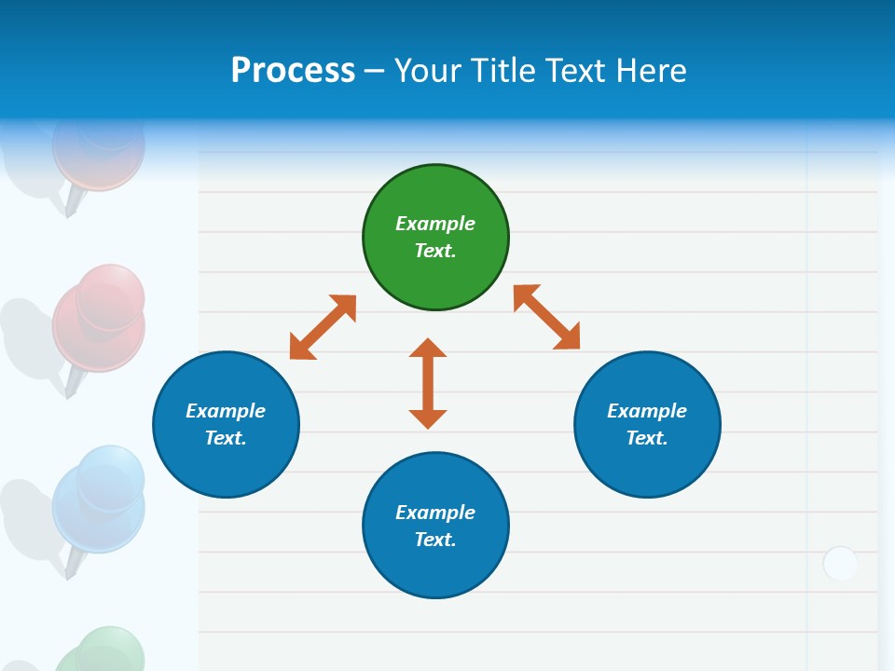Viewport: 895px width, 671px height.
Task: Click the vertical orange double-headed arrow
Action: [x=428, y=383]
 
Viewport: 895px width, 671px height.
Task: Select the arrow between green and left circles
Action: [x=323, y=327]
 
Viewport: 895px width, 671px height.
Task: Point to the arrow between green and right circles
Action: [x=547, y=317]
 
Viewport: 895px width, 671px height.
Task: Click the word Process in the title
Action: [x=293, y=70]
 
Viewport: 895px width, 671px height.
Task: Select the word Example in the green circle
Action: [x=435, y=224]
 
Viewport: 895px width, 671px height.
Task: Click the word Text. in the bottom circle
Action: [x=435, y=540]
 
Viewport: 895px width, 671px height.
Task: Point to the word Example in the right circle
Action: [x=647, y=411]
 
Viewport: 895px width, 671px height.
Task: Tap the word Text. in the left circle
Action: [x=226, y=438]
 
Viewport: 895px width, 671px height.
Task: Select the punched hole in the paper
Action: [x=840, y=564]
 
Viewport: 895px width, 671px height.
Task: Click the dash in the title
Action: [x=375, y=71]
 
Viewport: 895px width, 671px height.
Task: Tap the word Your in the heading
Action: [x=427, y=70]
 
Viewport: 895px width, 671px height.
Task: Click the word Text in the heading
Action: [x=571, y=70]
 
